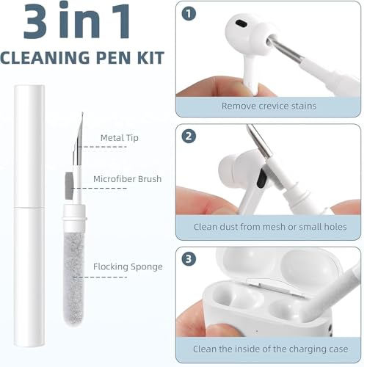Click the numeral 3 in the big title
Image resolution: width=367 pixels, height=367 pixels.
(x=35, y=21)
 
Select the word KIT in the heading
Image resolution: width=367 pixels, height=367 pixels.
(x=150, y=58)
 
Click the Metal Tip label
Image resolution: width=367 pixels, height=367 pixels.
(x=120, y=138)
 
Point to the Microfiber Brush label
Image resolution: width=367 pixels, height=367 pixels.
(x=127, y=179)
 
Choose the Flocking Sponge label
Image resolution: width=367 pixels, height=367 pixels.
(x=128, y=266)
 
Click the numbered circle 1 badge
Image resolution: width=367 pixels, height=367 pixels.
(x=189, y=14)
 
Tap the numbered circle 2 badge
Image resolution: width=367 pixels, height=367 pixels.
(x=189, y=137)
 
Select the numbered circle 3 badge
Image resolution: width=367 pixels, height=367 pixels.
(x=189, y=259)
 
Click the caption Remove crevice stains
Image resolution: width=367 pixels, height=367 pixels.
(x=269, y=106)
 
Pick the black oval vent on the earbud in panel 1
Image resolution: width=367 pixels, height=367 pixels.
(x=241, y=23)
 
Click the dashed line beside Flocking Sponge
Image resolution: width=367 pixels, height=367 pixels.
(x=101, y=277)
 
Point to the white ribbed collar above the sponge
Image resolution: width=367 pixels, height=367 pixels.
(x=75, y=217)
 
